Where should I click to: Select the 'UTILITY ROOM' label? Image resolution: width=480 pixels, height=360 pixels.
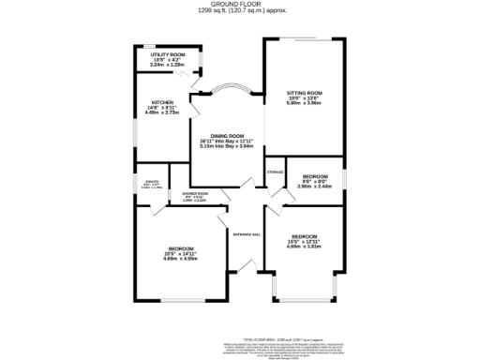(x=163, y=55)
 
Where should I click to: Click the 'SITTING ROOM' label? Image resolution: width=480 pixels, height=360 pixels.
(x=305, y=94)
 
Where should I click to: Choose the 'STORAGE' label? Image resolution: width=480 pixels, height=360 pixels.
(x=275, y=172)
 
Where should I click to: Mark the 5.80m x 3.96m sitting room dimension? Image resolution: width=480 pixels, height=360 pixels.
(x=305, y=104)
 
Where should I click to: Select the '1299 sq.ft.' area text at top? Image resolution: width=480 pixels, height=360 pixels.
(x=218, y=13)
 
